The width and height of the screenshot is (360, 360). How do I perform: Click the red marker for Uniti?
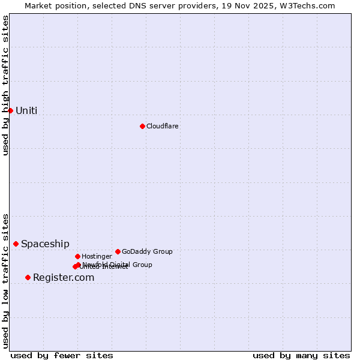tap(10, 110)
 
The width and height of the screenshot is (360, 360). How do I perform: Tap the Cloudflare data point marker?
tap(142, 126)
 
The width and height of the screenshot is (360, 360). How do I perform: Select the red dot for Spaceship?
tap(16, 244)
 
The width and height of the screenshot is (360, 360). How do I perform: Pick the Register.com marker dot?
tap(28, 277)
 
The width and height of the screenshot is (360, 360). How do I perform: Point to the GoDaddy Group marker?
tap(118, 251)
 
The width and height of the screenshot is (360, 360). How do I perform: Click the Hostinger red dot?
tap(77, 256)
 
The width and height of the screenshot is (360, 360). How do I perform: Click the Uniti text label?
tap(26, 110)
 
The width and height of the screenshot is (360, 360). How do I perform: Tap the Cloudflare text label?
tap(162, 126)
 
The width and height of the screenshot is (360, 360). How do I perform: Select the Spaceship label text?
tap(45, 244)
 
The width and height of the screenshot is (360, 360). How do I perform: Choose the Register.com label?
tap(64, 277)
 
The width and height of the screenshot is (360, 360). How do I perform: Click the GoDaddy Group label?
tap(147, 251)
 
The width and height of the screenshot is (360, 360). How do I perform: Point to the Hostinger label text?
tap(97, 256)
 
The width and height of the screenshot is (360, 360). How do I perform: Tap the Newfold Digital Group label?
tap(118, 264)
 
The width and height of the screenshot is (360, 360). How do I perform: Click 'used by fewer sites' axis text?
tap(62, 355)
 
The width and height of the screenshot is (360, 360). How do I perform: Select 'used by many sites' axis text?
tap(301, 355)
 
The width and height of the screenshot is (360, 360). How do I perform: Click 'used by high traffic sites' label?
tap(5, 85)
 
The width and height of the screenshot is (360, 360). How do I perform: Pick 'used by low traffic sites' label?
tap(5, 281)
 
